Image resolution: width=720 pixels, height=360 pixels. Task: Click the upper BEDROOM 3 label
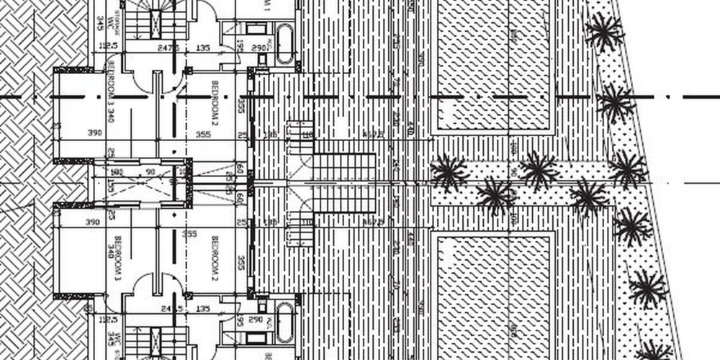[110, 93]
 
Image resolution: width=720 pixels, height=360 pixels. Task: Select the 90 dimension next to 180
[150, 172]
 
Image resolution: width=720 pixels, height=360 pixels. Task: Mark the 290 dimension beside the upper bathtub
[258, 47]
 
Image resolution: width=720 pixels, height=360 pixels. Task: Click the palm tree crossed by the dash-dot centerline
[616, 103]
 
